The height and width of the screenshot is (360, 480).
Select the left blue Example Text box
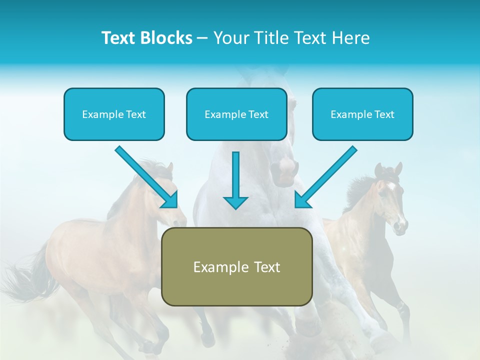click(114, 114)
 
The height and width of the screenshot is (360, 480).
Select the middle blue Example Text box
click(236, 114)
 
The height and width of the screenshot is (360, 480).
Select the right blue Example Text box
click(362, 114)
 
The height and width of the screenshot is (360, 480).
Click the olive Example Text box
click(236, 266)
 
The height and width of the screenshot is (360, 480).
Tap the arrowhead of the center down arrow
click(235, 202)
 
